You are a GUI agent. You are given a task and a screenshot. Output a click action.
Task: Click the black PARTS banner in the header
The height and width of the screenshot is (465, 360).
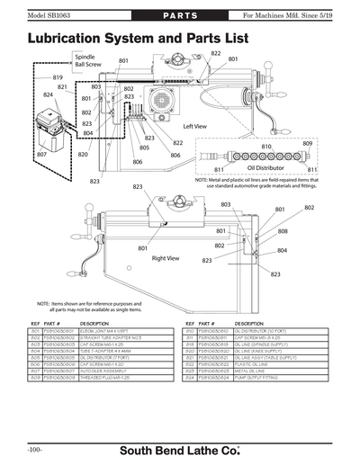(179, 18)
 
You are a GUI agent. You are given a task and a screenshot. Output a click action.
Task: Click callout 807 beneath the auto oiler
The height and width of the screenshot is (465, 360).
(42, 155)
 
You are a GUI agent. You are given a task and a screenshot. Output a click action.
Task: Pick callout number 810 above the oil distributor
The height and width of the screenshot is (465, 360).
(266, 146)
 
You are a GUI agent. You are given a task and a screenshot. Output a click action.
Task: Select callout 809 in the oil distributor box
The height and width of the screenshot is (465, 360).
(307, 144)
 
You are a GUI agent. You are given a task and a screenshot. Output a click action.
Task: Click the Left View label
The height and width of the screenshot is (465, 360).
(195, 127)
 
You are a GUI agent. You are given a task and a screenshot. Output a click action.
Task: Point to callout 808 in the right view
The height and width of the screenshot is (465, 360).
(283, 231)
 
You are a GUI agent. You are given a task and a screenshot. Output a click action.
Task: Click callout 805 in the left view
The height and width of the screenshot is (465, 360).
(144, 148)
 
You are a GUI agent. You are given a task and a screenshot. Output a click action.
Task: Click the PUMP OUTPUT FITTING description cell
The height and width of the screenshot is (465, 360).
(261, 377)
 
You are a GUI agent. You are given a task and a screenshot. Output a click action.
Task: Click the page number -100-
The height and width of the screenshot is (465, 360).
(34, 448)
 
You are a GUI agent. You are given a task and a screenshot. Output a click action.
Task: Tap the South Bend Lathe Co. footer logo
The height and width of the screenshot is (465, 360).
(180, 448)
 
